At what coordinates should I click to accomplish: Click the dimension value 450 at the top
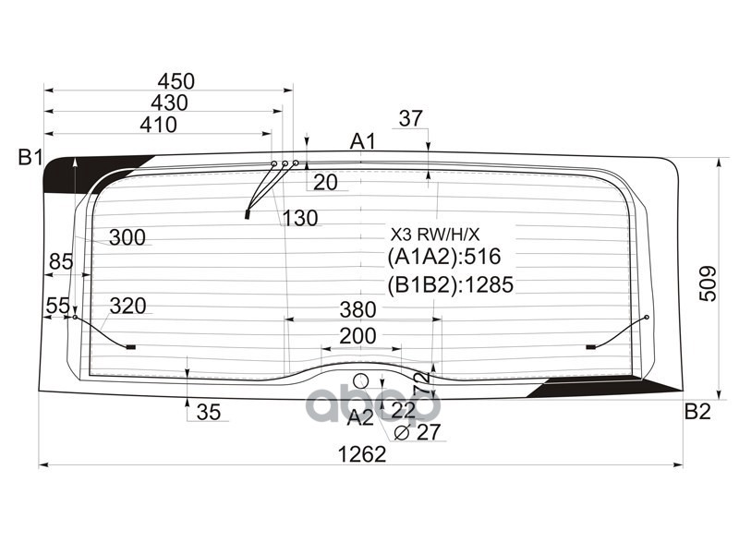[x=176, y=81]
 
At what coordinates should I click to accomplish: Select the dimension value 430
[x=168, y=102]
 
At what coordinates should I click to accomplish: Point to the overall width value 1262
[x=361, y=453]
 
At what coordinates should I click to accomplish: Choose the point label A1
[x=362, y=141]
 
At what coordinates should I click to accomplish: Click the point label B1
[x=30, y=158]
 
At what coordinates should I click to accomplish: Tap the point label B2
[x=697, y=411]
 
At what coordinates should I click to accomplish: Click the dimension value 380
[x=357, y=308]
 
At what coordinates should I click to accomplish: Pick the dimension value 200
[x=357, y=336]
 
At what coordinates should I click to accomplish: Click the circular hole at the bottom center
[x=361, y=380]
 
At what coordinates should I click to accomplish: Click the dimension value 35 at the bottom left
[x=209, y=413]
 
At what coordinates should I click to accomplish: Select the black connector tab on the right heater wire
[x=592, y=347]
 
